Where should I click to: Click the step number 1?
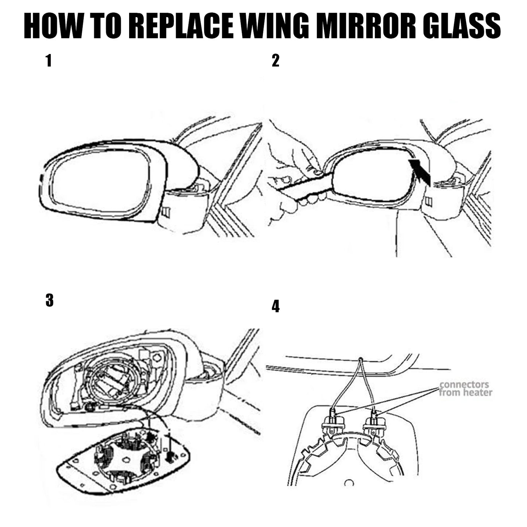(49, 61)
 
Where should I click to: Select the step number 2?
(275, 61)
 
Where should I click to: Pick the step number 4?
(276, 307)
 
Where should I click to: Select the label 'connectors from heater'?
(465, 388)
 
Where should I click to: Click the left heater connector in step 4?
(332, 423)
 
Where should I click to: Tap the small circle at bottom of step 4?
(349, 483)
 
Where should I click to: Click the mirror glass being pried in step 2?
(372, 175)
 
